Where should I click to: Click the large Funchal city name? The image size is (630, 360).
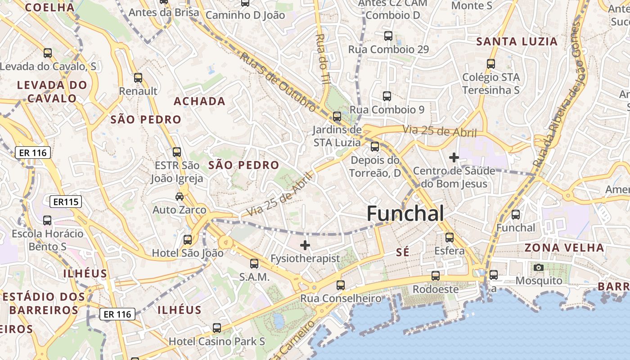click(405, 213)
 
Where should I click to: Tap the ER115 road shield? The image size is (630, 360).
click(66, 202)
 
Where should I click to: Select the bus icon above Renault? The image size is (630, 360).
click(138, 78)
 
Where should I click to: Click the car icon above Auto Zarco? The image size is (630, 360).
click(179, 197)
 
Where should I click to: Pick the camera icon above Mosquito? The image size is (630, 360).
click(538, 268)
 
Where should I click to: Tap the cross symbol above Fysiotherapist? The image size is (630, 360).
click(305, 245)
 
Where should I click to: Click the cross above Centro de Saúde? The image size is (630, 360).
click(454, 157)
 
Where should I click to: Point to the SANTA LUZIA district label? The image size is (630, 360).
click(517, 42)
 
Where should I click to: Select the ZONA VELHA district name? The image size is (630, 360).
click(564, 247)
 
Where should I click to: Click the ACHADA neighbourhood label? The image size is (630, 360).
click(199, 101)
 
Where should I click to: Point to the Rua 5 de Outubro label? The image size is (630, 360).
click(277, 81)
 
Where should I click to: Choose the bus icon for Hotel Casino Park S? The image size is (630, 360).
click(217, 328)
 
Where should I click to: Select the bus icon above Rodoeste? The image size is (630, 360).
click(436, 276)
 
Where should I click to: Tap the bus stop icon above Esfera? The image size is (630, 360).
click(449, 238)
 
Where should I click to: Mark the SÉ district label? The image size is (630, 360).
click(403, 252)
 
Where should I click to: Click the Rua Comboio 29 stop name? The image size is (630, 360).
click(389, 49)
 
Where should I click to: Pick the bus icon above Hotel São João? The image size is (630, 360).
click(188, 240)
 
